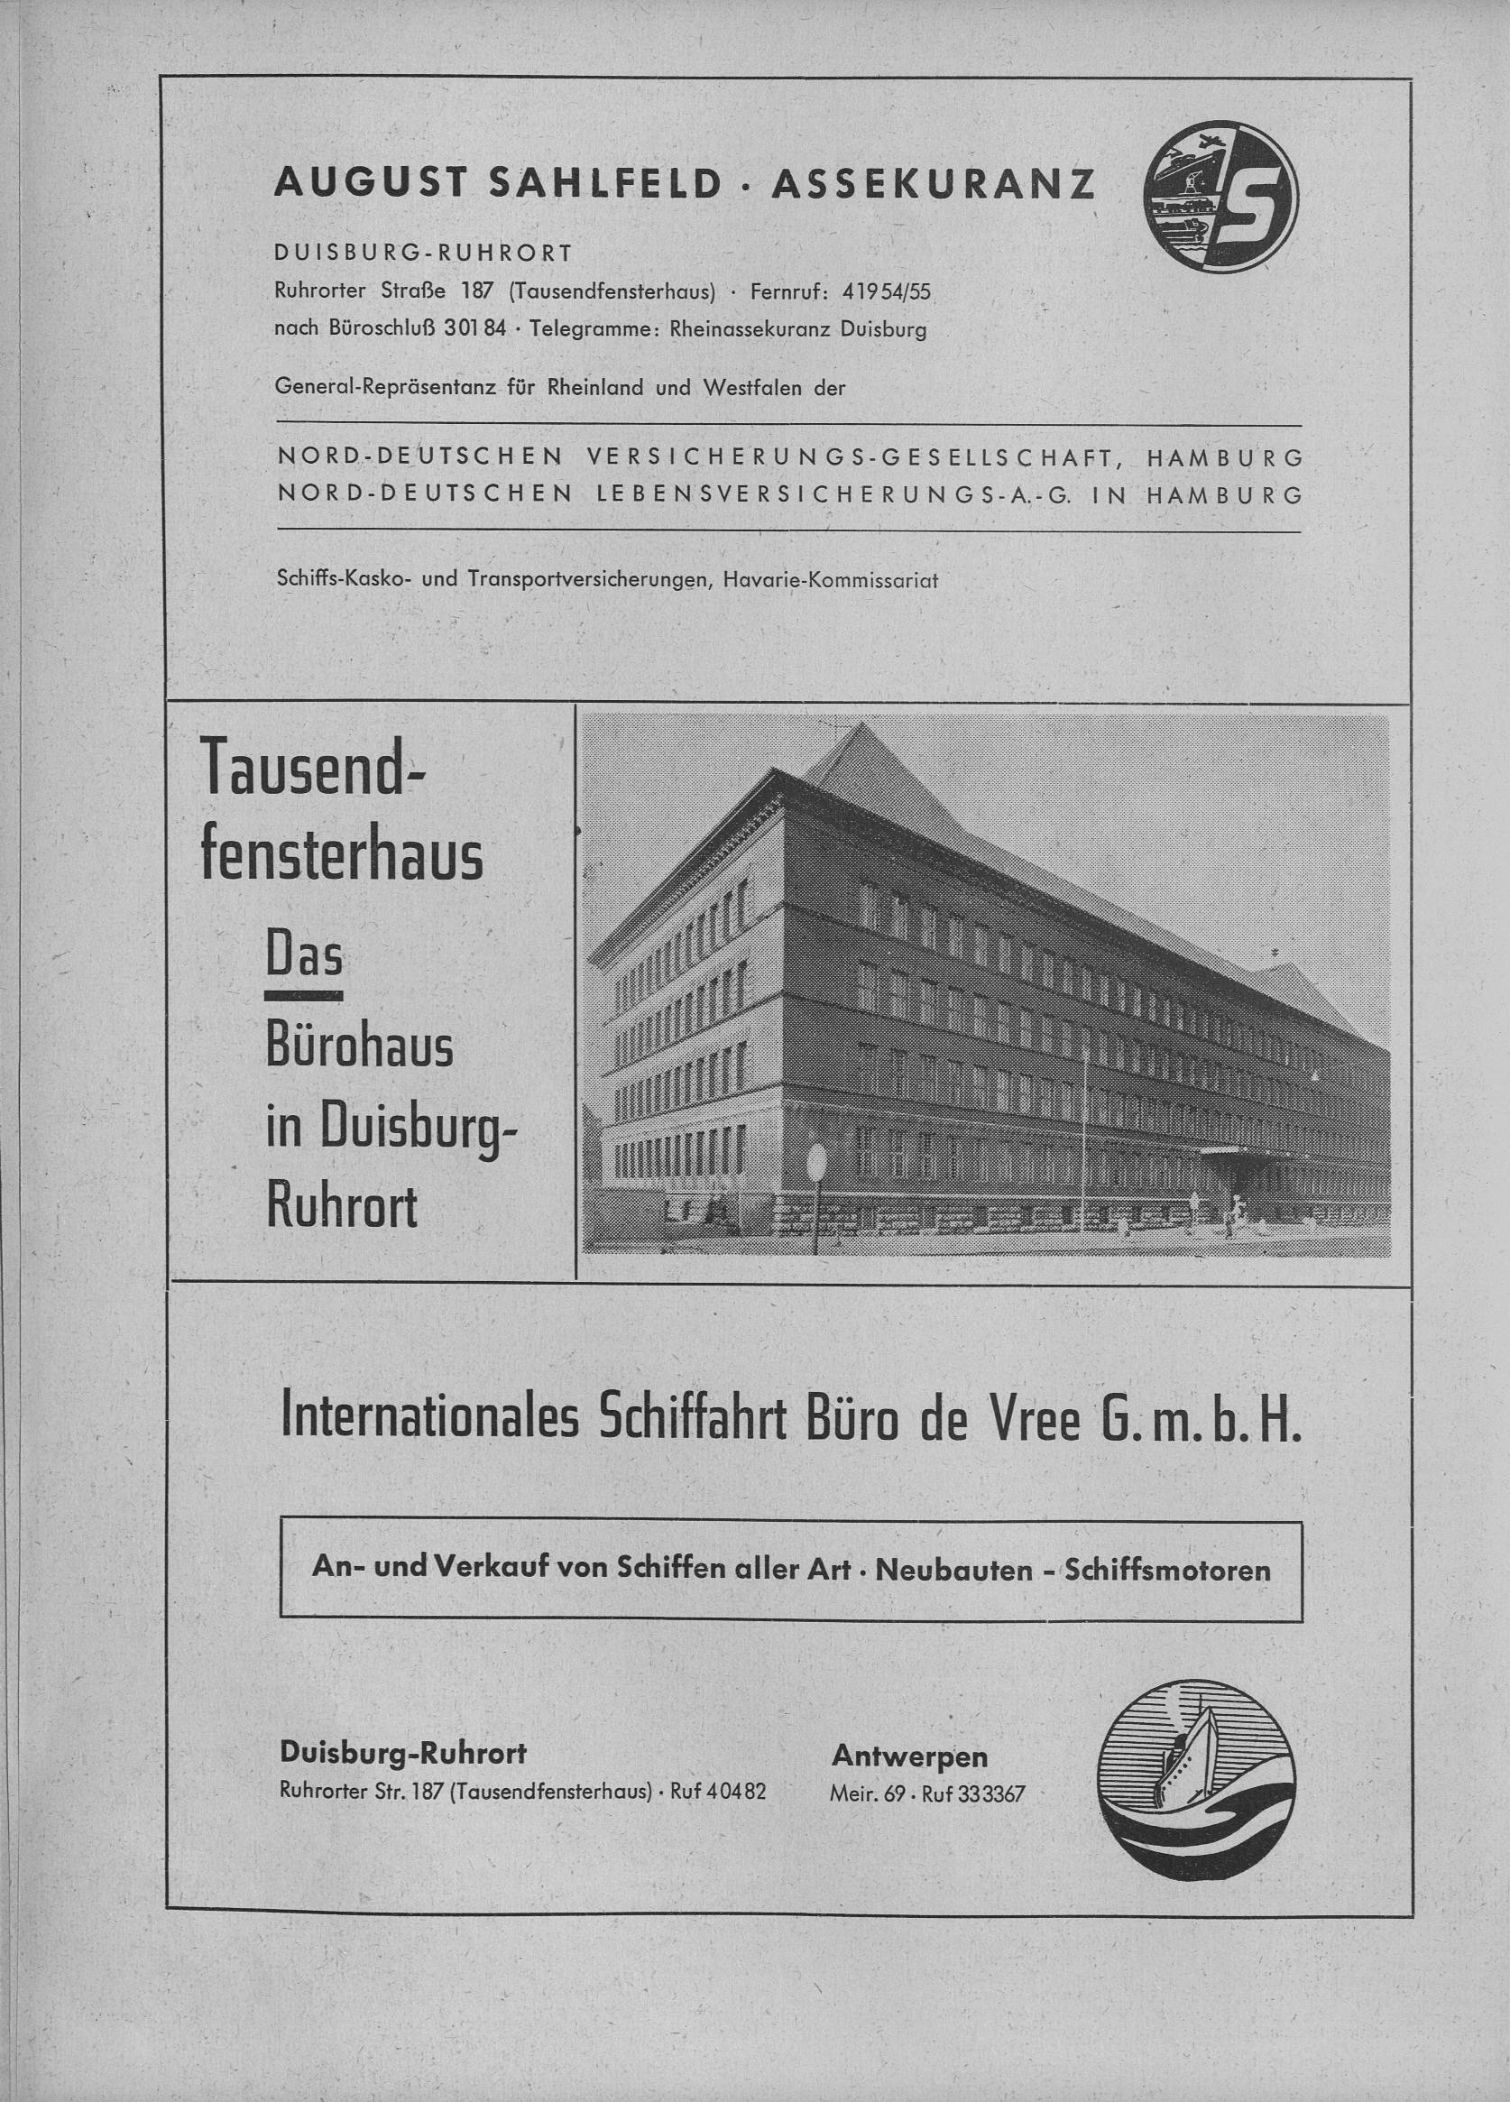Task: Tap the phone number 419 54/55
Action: (885, 292)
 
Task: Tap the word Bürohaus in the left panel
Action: (359, 1048)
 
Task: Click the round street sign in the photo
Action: (816, 1161)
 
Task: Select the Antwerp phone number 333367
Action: (991, 1794)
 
